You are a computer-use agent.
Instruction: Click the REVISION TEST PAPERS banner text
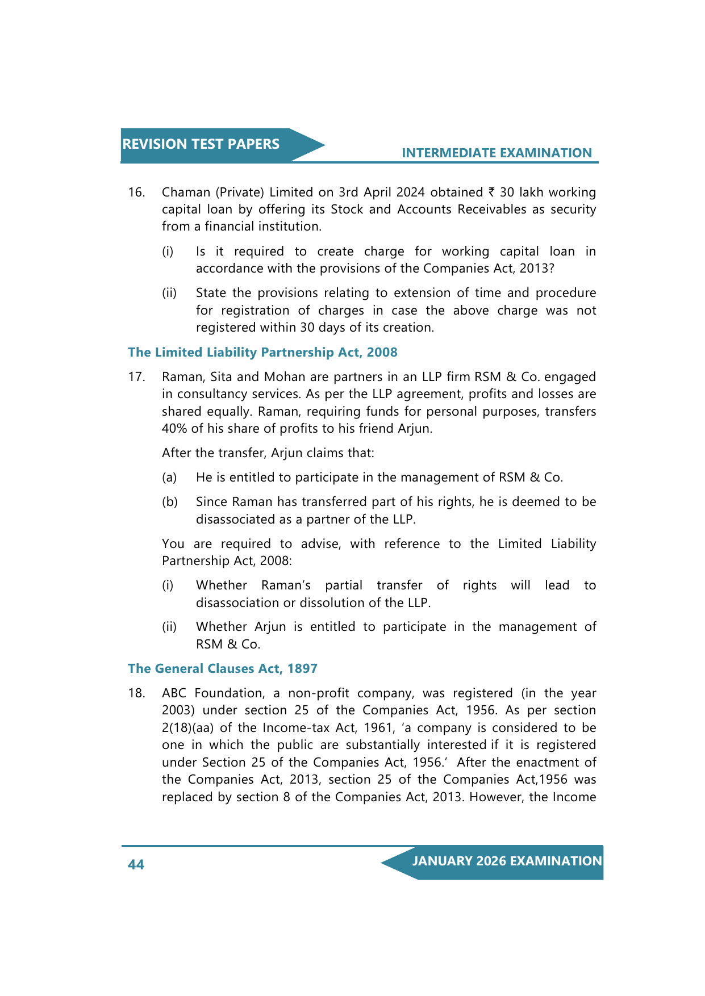pos(201,144)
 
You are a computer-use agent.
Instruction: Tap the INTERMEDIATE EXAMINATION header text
pos(497,153)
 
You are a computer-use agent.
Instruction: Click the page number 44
pos(136,864)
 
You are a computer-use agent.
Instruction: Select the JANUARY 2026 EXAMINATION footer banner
pos(507,861)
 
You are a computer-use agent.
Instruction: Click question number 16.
pos(136,192)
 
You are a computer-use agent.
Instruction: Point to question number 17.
pos(136,377)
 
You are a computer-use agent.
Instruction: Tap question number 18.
pos(136,693)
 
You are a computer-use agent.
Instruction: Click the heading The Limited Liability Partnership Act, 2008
pos(262,352)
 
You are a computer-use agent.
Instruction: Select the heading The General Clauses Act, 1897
pos(222,668)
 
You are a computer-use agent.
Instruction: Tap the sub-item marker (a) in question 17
pos(169,478)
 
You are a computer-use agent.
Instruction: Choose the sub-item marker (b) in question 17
pos(169,502)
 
